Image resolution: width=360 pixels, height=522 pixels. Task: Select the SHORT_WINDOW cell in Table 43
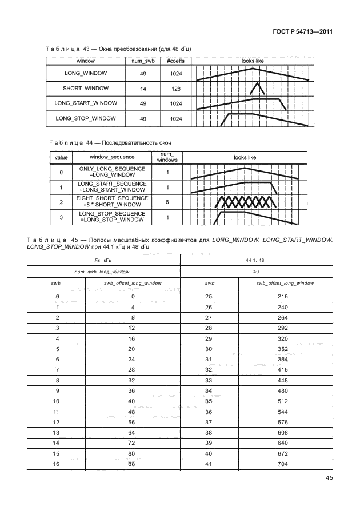pos(86,89)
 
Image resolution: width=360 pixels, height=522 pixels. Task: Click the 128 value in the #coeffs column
pos(176,89)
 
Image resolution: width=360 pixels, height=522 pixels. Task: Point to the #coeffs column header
pos(175,60)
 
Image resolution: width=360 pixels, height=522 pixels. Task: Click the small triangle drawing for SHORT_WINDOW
pos(257,88)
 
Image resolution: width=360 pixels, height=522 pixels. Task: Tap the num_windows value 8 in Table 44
pos(167,201)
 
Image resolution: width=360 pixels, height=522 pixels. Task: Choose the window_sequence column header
pos(112,157)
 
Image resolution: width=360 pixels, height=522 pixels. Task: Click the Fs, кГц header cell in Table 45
pos(103,261)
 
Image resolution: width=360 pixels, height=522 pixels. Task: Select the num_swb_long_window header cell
pos(103,272)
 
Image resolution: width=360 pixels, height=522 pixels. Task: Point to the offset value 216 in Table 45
pos(283,296)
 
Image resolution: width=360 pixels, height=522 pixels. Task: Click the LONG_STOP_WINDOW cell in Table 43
pos(86,118)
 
